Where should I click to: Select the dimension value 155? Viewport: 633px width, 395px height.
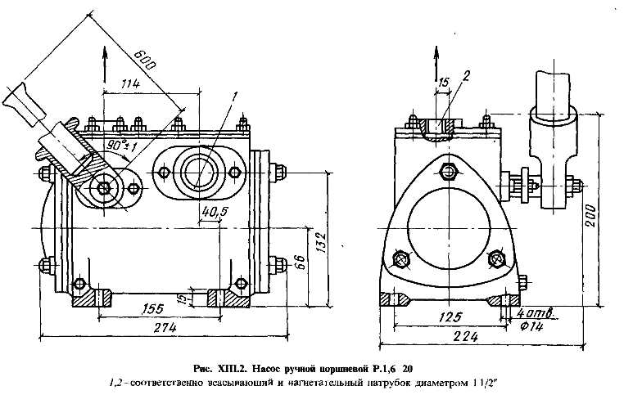coord(151,308)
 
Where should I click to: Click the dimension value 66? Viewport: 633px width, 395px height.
coord(301,263)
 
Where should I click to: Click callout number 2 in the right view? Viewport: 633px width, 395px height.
coord(464,76)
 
